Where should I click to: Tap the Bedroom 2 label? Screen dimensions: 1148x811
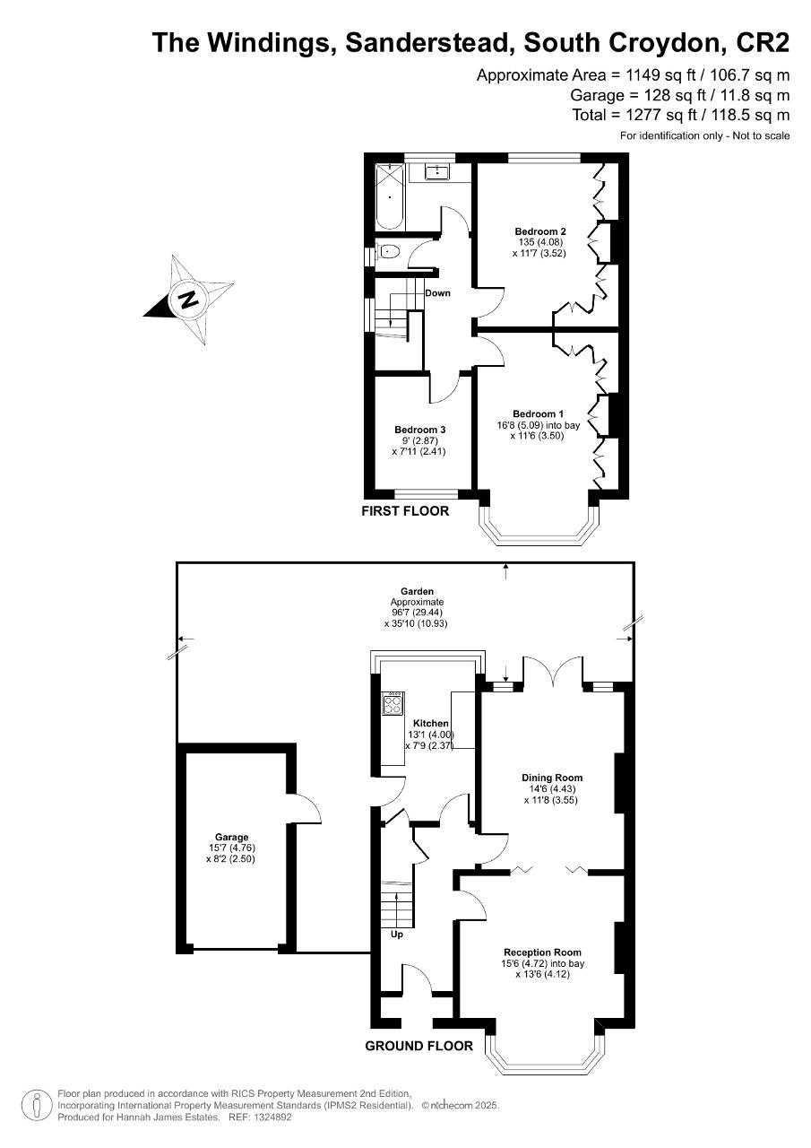[540, 231]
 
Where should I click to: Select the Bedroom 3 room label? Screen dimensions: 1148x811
[419, 430]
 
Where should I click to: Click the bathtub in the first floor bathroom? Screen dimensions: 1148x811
[389, 196]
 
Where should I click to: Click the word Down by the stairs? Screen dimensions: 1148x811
[437, 293]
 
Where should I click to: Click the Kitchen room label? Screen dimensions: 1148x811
[430, 723]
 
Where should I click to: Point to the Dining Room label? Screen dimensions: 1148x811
[552, 778]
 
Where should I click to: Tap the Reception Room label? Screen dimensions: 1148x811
[542, 952]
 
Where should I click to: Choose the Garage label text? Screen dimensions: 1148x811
[231, 838]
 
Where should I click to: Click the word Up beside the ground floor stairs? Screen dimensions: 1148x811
[397, 935]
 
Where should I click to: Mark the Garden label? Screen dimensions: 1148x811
[418, 591]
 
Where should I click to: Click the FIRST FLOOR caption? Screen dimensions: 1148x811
[405, 511]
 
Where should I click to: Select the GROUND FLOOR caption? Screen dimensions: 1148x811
[418, 1046]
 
